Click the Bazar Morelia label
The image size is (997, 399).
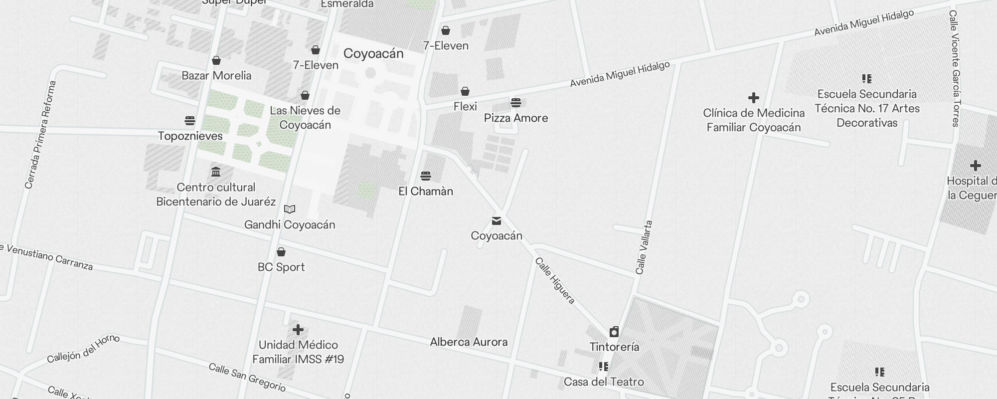(216, 76)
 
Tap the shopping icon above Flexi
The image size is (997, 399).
(465, 91)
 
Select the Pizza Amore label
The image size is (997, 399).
(516, 118)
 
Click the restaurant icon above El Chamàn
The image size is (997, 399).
(425, 176)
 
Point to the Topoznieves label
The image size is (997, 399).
(190, 136)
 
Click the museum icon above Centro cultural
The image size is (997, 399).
(216, 172)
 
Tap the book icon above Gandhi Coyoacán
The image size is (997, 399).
(290, 209)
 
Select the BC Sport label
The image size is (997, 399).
(281, 267)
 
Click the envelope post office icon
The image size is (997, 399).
(497, 220)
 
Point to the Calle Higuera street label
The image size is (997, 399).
(555, 280)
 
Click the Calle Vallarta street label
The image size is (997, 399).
(644, 247)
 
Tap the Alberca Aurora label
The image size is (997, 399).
(469, 342)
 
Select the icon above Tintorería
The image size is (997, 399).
(614, 332)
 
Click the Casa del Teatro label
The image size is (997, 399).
(604, 382)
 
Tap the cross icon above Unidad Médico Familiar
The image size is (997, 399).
(298, 330)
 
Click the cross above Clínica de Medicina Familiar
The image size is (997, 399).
(754, 98)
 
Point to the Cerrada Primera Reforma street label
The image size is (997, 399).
(40, 135)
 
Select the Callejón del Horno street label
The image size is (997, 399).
(83, 349)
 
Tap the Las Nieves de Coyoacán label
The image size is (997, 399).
(305, 118)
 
